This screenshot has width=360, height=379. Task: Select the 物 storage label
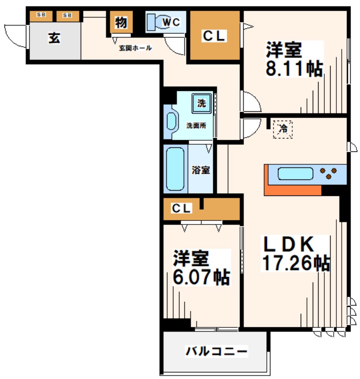point(120,22)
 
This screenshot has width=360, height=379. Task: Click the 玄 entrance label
point(54,38)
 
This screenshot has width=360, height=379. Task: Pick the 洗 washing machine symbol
point(201,103)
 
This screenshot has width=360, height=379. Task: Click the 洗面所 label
point(196,126)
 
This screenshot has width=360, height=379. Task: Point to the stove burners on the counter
point(329,174)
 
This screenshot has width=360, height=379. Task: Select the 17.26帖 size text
point(295,263)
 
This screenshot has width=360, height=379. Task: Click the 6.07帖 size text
point(201,277)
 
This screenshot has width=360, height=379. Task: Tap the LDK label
point(289,244)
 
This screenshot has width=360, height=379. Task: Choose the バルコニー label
point(216,352)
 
